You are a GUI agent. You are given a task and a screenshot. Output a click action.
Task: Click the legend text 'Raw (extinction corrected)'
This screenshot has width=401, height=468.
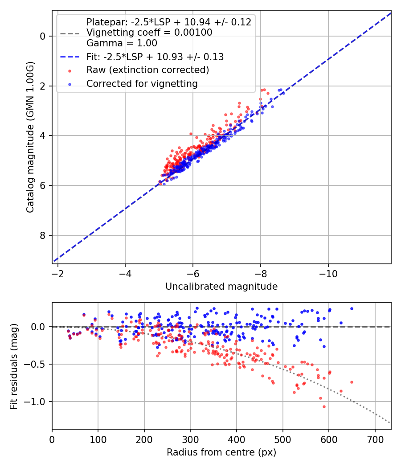click(x=147, y=70)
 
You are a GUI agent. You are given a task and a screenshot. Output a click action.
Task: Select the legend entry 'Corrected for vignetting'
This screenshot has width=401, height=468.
click(x=142, y=83)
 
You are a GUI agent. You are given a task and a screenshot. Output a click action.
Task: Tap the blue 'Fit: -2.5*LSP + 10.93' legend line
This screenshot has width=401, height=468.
click(x=69, y=57)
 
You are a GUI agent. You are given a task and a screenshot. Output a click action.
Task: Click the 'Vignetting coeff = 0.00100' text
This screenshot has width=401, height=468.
click(x=149, y=33)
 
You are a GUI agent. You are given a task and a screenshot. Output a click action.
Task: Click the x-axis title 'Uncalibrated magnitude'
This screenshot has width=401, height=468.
click(x=221, y=287)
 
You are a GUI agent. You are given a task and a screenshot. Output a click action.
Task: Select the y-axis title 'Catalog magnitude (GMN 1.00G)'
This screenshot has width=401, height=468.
click(x=30, y=137)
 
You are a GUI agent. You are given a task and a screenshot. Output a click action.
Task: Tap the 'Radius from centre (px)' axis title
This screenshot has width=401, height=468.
click(x=221, y=452)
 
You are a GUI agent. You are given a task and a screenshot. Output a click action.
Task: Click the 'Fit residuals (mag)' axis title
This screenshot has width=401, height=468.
click(x=14, y=366)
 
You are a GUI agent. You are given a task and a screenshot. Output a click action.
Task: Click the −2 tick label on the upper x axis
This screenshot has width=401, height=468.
click(x=57, y=273)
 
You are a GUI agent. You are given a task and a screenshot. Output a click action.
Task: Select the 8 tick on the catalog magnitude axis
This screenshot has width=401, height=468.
click(x=43, y=235)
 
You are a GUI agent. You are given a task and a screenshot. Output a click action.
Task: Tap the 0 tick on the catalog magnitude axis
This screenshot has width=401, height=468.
click(x=43, y=36)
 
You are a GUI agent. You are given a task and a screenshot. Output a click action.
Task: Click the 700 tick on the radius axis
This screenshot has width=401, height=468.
click(x=375, y=439)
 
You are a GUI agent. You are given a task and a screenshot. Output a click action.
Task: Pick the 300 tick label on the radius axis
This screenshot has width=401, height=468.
click(x=190, y=439)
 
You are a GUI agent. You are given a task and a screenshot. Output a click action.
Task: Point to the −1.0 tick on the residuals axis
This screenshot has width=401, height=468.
click(x=37, y=402)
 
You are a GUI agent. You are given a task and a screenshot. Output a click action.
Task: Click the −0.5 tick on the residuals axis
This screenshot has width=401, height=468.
click(x=37, y=364)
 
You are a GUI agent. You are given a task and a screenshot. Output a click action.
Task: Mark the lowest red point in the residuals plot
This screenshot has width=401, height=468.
click(x=324, y=406)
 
